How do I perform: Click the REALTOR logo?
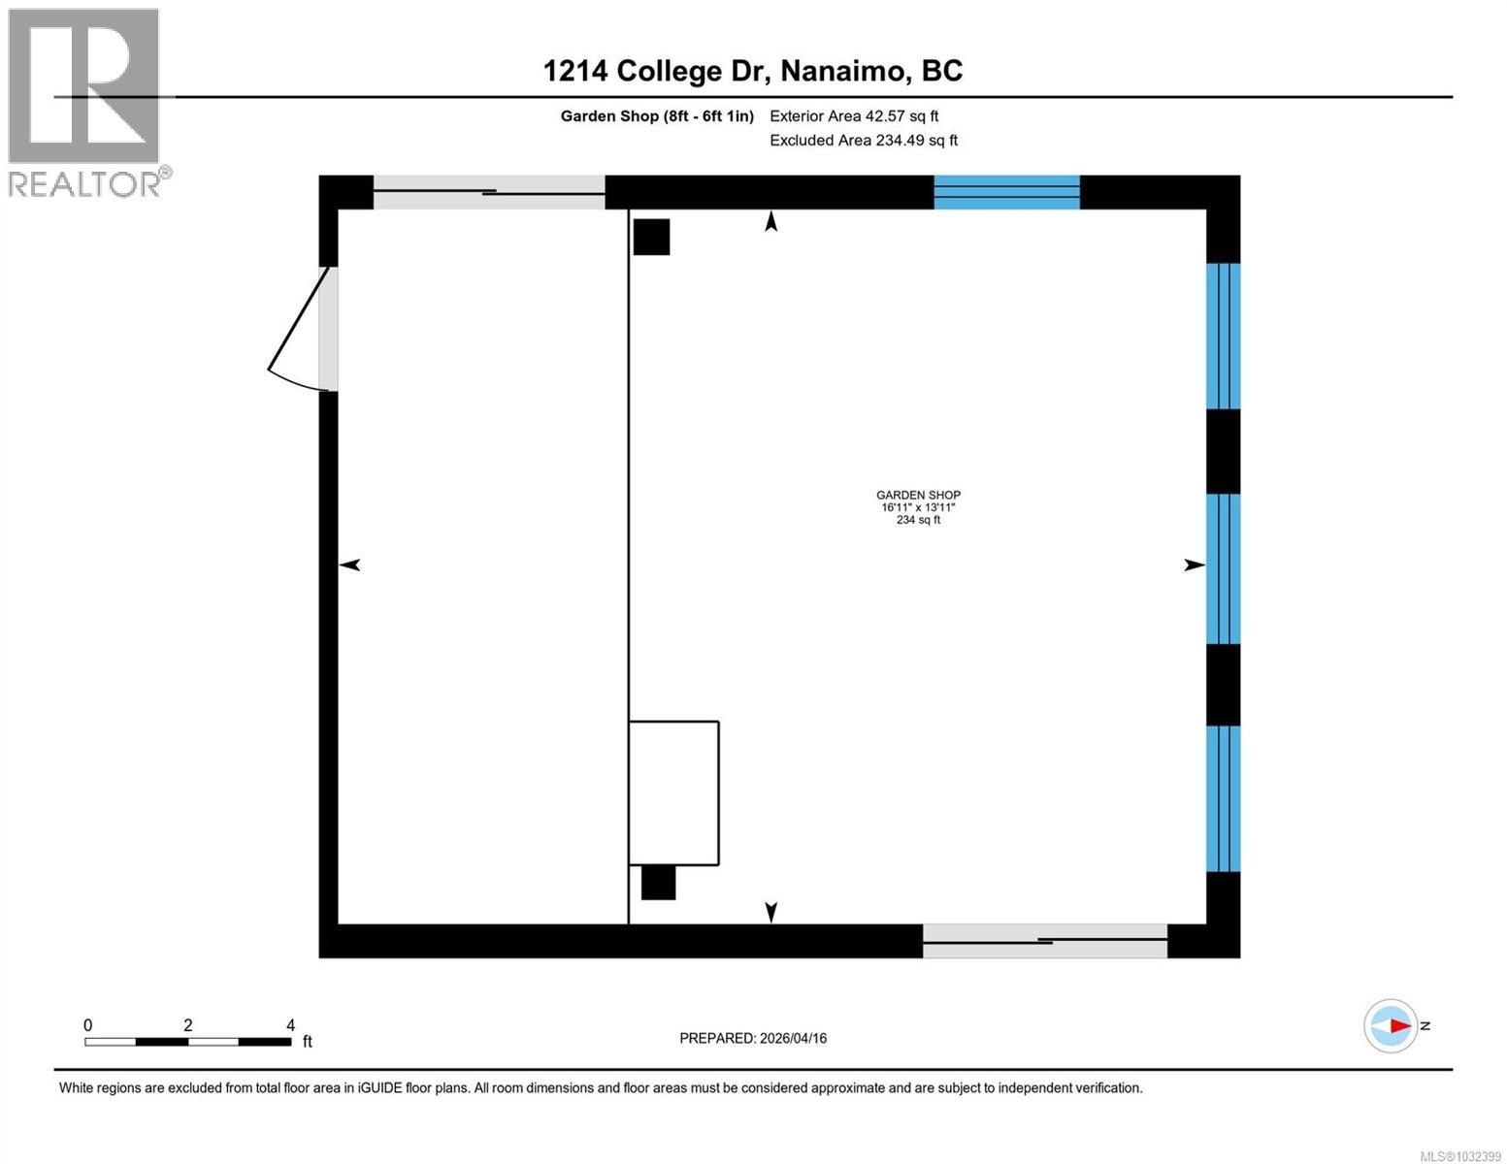[x=85, y=101]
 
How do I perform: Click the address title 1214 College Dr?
[x=752, y=71]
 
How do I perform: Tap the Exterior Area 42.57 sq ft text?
[x=854, y=116]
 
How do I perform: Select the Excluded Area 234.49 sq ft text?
[x=864, y=141]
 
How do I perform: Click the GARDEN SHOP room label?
[x=918, y=496]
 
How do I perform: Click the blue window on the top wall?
[x=1006, y=192]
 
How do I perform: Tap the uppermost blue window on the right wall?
[x=1223, y=336]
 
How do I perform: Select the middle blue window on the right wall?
[x=1223, y=569]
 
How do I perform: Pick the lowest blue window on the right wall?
[x=1223, y=798]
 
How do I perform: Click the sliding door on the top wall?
[x=489, y=192]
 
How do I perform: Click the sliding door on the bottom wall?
[x=1044, y=941]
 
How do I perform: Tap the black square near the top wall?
[x=651, y=238]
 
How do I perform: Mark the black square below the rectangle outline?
[x=658, y=883]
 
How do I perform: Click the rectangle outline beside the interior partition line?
[x=673, y=793]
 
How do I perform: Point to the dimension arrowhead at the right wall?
[x=1195, y=566]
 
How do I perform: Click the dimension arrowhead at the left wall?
[x=349, y=566]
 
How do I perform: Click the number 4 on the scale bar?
[x=290, y=1025]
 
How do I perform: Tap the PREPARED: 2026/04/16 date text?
[x=753, y=1038]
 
